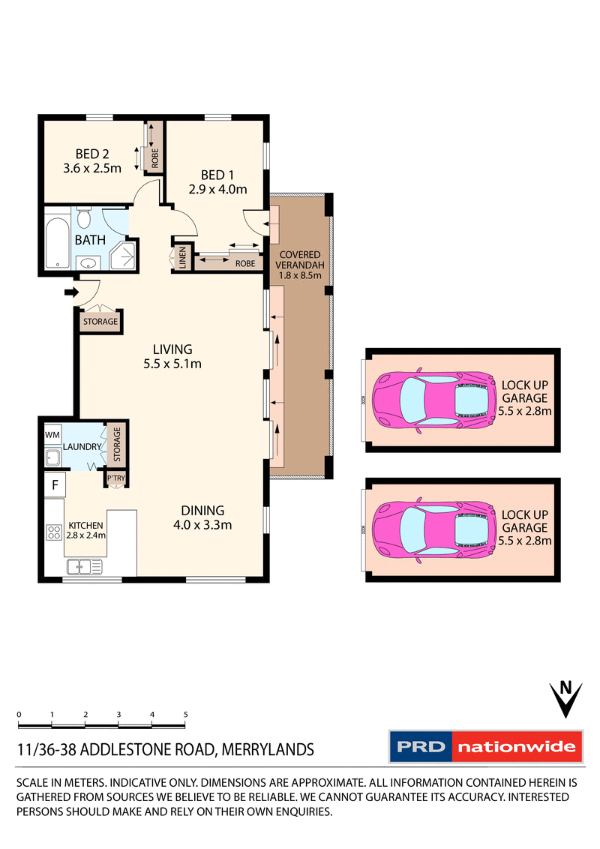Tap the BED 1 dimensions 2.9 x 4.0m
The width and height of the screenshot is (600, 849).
point(217,189)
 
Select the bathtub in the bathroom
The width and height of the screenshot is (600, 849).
point(58,243)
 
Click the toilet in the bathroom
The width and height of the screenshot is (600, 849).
point(84,219)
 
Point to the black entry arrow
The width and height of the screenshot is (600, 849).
point(70,292)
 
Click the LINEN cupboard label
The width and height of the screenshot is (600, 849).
point(182,259)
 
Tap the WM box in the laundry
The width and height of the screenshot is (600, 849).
point(52,435)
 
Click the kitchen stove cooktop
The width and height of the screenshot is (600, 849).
point(54,532)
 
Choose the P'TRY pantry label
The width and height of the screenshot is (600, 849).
point(115,478)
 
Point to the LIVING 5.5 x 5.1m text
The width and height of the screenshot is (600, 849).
point(172,356)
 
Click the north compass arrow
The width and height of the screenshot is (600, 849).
point(567,698)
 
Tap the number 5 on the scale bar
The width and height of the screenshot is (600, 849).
point(184,714)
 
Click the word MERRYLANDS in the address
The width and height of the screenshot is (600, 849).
point(267,749)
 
